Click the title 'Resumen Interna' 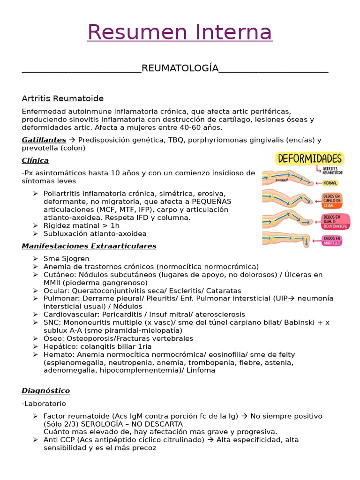pyautogui.click(x=180, y=32)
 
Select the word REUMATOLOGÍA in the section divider pyautogui.click(x=180, y=68)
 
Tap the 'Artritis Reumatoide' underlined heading pyautogui.click(x=63, y=98)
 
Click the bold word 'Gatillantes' pyautogui.click(x=44, y=140)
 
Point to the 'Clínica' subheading pyautogui.click(x=35, y=160)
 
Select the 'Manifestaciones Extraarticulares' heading pyautogui.click(x=89, y=246)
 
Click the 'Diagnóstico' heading pyautogui.click(x=45, y=390)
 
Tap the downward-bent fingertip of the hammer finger pyautogui.click(x=305, y=243)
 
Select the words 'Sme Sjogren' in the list pyautogui.click(x=66, y=259)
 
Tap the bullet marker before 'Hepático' pyautogui.click(x=36, y=346)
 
